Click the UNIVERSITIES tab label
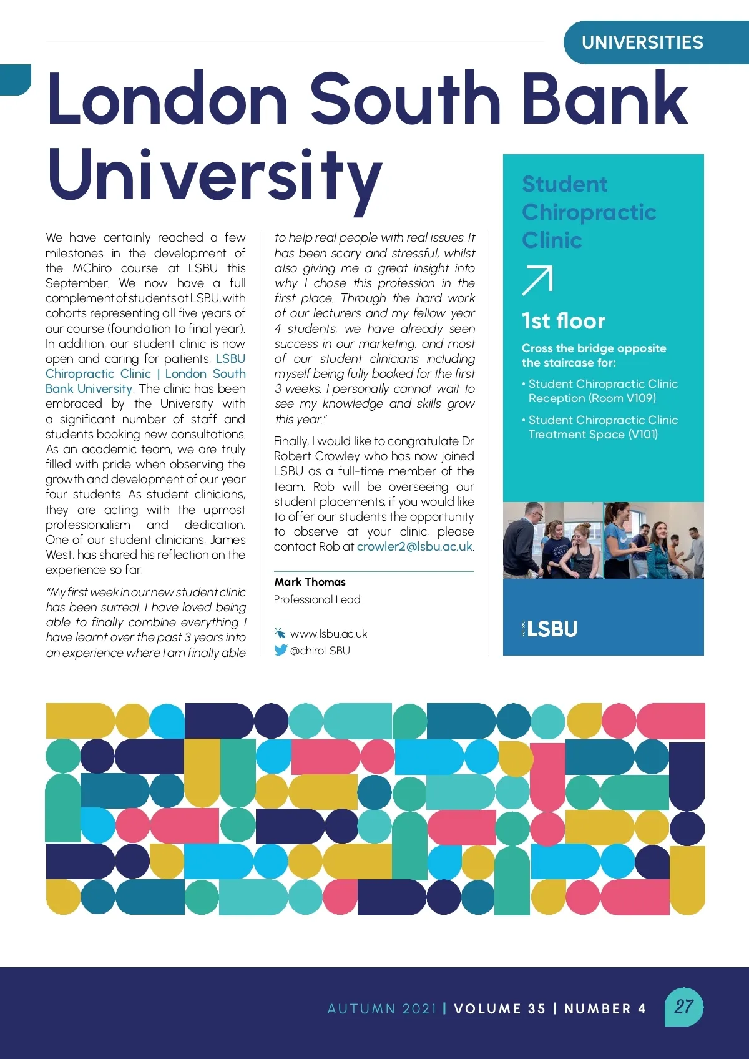click(642, 42)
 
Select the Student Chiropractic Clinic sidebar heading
click(589, 212)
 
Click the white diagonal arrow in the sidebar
click(537, 280)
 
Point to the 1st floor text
click(563, 321)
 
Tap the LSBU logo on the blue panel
click(551, 628)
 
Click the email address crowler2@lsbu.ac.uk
click(414, 547)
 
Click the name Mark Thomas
click(310, 582)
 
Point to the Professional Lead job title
click(317, 599)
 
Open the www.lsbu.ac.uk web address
click(328, 634)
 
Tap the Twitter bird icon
click(280, 650)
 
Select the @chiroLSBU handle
click(320, 651)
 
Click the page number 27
click(683, 1007)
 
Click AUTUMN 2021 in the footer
click(382, 1008)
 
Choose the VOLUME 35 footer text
click(499, 1008)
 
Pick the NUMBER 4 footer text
click(605, 1008)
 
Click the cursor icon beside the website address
click(280, 633)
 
